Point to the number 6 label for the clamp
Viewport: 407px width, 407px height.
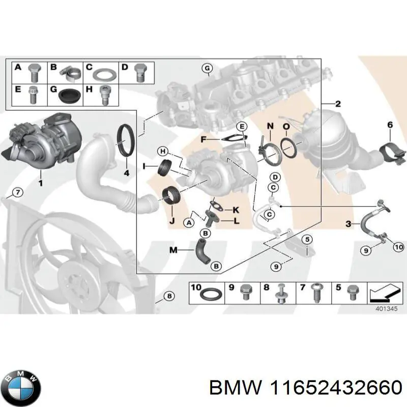[390, 125]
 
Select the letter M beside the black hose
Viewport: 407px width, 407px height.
[173, 249]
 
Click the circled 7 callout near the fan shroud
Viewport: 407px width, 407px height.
[17, 192]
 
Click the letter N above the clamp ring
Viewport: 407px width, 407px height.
[270, 126]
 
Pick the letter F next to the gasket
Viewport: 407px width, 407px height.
[203, 138]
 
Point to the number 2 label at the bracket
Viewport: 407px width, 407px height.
[338, 104]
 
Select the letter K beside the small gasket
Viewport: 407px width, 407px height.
[235, 210]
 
